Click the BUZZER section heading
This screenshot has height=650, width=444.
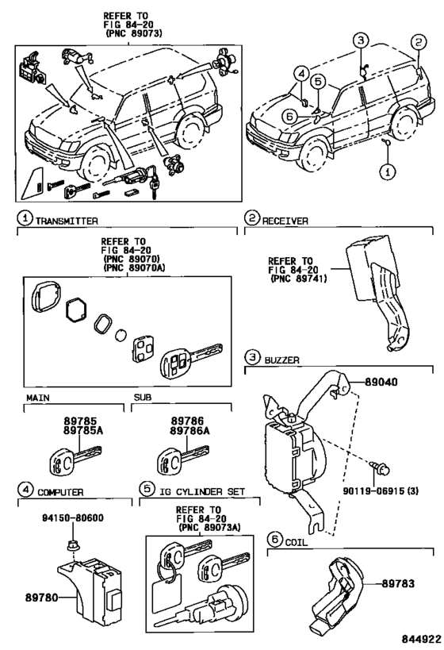click(x=283, y=360)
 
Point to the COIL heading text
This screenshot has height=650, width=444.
click(x=299, y=540)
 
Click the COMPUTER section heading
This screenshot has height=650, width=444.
click(x=63, y=491)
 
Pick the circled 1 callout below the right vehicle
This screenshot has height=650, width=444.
click(x=386, y=171)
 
